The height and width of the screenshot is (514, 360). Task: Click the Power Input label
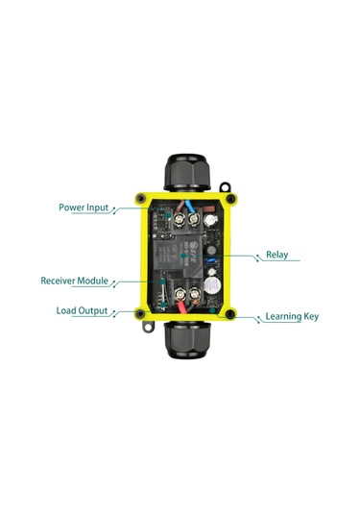(x=84, y=207)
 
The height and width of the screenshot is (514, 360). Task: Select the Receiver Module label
(x=74, y=281)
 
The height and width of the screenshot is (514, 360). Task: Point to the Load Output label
(x=82, y=311)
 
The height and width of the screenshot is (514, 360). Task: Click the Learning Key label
(x=292, y=316)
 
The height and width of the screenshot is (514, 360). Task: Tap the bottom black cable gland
(x=187, y=342)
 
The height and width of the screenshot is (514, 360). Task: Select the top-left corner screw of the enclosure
(x=141, y=199)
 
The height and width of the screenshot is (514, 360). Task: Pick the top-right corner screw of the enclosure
(x=230, y=199)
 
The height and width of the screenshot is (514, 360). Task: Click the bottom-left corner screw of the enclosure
(x=141, y=314)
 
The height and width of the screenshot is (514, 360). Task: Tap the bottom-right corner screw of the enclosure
(x=230, y=314)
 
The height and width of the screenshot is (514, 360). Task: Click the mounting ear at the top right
(x=226, y=184)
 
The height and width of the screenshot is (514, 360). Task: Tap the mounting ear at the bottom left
(x=147, y=327)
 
